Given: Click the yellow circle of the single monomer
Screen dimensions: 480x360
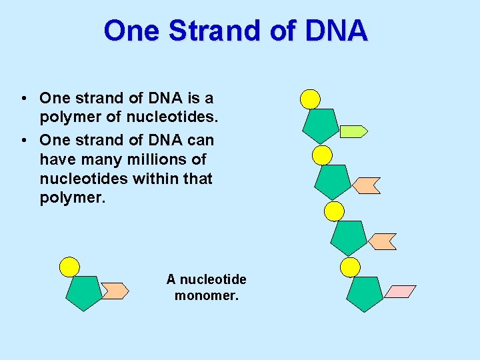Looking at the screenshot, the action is pyautogui.click(x=69, y=267).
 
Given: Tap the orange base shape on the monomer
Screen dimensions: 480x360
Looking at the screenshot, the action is pyautogui.click(x=115, y=291).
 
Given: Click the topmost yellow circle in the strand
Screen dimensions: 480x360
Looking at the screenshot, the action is pyautogui.click(x=310, y=99).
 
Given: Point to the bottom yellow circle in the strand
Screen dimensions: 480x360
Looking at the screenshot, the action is pyautogui.click(x=350, y=267).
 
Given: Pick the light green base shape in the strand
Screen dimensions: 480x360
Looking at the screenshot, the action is pyautogui.click(x=353, y=131).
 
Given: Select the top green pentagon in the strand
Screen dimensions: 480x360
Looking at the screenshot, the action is pyautogui.click(x=321, y=124).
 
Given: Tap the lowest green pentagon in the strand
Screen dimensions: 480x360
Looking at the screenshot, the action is pyautogui.click(x=365, y=293).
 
